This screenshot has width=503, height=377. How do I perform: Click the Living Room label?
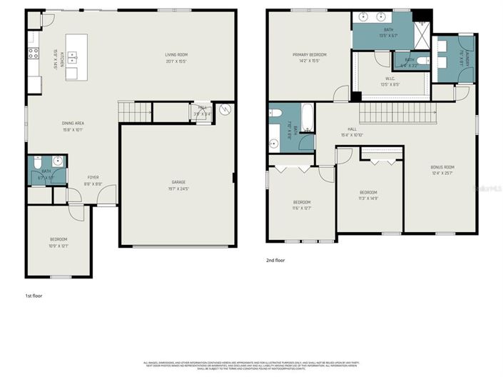(176, 54)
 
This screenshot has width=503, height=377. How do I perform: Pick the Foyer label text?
(94, 178)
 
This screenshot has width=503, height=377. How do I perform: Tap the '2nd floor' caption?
(275, 261)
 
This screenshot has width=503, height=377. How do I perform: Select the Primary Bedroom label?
(310, 54)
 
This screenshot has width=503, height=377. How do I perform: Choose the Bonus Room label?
(442, 168)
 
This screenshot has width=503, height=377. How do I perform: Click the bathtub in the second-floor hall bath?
(308, 118)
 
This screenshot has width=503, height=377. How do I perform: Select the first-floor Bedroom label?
(59, 239)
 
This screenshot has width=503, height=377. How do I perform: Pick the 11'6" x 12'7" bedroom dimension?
(302, 208)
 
